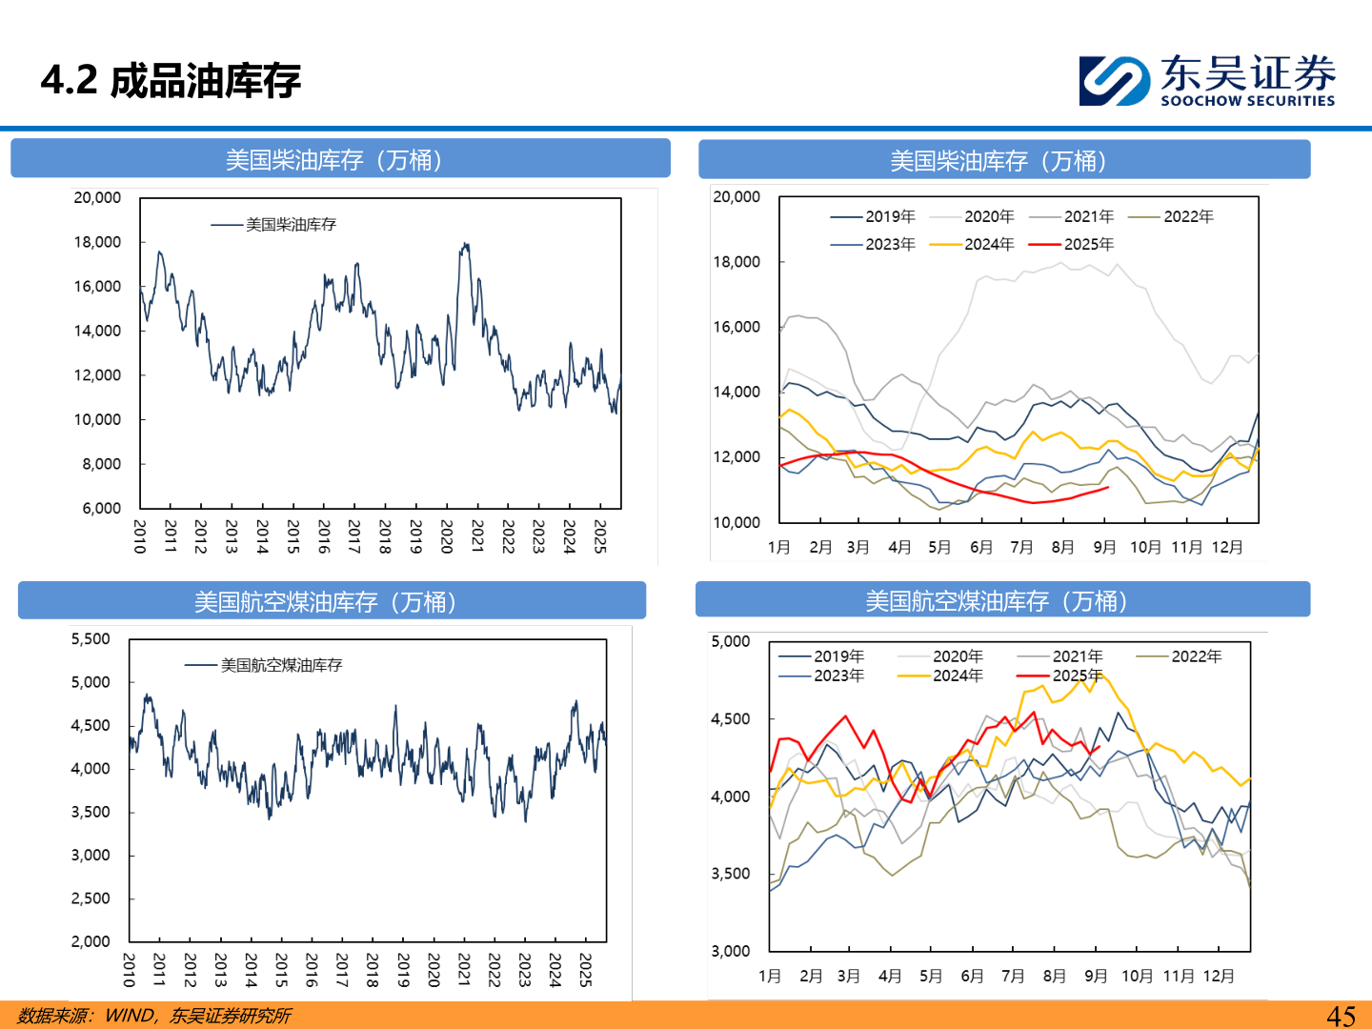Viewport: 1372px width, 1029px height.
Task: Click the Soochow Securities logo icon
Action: [1114, 80]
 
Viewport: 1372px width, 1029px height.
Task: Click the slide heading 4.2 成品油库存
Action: [171, 81]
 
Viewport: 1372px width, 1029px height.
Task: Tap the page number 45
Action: [1341, 1016]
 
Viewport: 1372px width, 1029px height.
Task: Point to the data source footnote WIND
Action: [129, 1016]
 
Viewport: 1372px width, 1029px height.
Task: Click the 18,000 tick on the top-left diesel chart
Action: [98, 242]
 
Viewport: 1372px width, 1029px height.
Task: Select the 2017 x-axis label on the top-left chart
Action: [354, 536]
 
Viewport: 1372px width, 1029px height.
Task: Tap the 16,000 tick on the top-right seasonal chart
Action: [736, 327]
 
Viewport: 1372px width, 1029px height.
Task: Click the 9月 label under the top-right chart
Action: [1104, 547]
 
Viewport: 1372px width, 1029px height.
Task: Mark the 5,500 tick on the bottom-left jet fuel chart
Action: [91, 639]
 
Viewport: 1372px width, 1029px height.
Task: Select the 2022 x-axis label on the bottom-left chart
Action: [494, 970]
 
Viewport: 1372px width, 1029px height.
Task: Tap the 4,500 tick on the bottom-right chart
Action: [731, 719]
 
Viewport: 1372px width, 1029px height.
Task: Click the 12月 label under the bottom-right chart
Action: [1219, 976]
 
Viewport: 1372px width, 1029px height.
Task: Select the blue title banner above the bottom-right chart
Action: [1002, 600]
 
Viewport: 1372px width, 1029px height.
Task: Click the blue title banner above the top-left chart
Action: [340, 159]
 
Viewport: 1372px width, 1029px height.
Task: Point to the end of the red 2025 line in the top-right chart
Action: [1107, 488]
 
